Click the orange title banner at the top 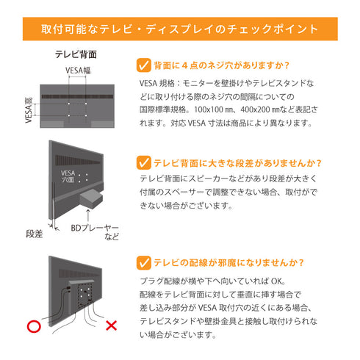pyautogui.click(x=180, y=29)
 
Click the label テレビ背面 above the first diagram pyautogui.click(x=76, y=55)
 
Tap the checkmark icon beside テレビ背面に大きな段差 pyautogui.click(x=144, y=163)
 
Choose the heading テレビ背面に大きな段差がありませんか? pyautogui.click(x=237, y=163)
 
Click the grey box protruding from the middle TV pyautogui.click(x=90, y=198)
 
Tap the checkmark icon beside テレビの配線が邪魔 pyautogui.click(x=144, y=262)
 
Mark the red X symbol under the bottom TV pyautogui.click(x=112, y=325)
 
